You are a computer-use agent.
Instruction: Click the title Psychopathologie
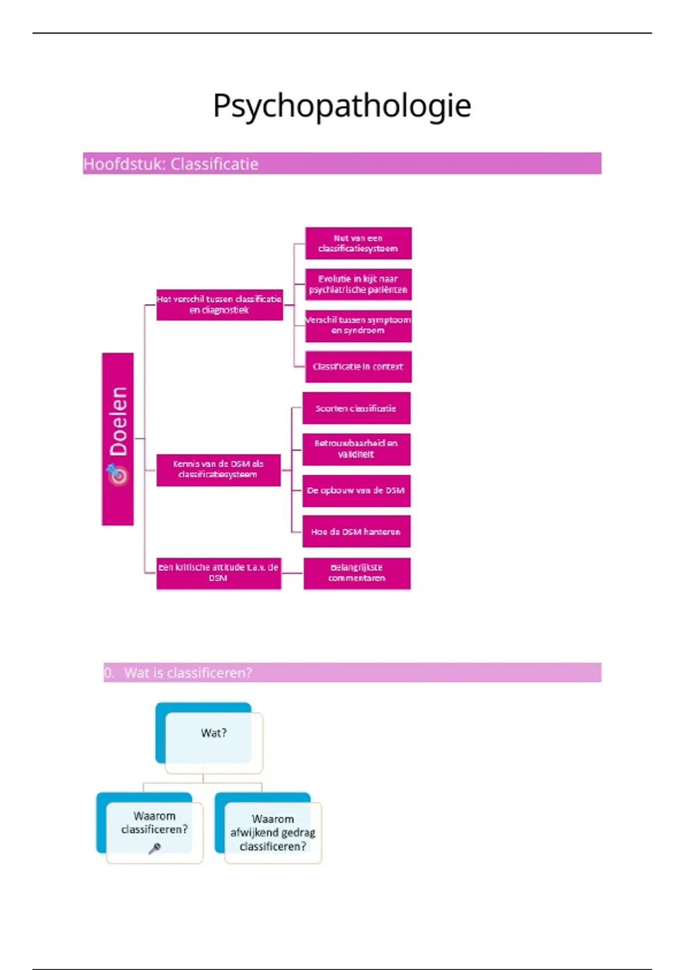pyautogui.click(x=342, y=106)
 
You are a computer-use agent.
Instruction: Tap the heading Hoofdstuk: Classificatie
pyautogui.click(x=171, y=164)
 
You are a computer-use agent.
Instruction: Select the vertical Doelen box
pyautogui.click(x=118, y=422)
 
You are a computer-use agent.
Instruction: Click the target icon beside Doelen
pyautogui.click(x=118, y=474)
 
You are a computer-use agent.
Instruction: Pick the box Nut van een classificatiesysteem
pyautogui.click(x=358, y=244)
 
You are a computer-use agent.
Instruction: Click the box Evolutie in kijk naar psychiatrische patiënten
pyautogui.click(x=358, y=284)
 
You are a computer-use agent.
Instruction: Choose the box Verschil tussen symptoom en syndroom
pyautogui.click(x=358, y=325)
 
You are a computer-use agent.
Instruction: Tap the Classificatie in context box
pyautogui.click(x=358, y=366)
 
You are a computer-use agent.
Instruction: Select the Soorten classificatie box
pyautogui.click(x=356, y=408)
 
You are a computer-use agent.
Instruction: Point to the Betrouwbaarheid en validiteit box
pyautogui.click(x=356, y=449)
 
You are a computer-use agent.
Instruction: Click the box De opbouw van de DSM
pyautogui.click(x=356, y=491)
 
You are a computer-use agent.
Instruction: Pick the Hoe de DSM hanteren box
pyautogui.click(x=356, y=532)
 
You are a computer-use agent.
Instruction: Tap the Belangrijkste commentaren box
pyautogui.click(x=357, y=573)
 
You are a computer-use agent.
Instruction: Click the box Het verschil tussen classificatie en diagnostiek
pyautogui.click(x=219, y=305)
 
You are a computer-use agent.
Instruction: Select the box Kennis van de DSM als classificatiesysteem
pyautogui.click(x=218, y=470)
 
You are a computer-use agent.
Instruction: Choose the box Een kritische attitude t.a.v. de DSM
pyautogui.click(x=219, y=573)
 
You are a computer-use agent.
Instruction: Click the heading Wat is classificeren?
pyautogui.click(x=188, y=673)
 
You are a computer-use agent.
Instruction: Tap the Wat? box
pyautogui.click(x=213, y=734)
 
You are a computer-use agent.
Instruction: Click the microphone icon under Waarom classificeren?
pyautogui.click(x=154, y=849)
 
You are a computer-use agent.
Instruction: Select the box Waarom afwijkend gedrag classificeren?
pyautogui.click(x=273, y=833)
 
